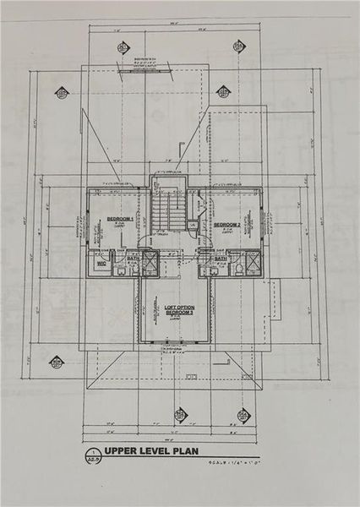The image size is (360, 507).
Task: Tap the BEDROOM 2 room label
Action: tap(227, 224)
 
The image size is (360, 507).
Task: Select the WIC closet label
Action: tap(101, 263)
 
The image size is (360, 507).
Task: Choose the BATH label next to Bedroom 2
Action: tap(220, 259)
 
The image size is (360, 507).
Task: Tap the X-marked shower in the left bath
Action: tap(149, 264)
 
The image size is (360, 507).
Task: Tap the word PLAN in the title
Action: tap(186, 451)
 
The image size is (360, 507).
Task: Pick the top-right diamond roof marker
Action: tap(238, 46)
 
